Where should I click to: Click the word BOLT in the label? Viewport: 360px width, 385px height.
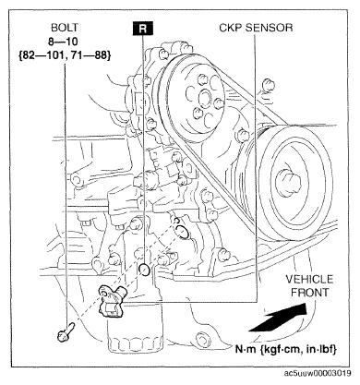[x=65, y=28]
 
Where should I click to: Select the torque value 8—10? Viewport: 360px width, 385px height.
[x=63, y=42]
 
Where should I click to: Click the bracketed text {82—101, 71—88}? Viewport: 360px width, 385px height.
[x=65, y=55]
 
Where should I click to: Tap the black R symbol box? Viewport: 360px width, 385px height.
[x=143, y=29]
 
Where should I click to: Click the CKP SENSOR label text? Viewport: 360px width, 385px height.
[x=256, y=28]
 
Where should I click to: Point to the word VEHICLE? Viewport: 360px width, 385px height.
[x=309, y=279]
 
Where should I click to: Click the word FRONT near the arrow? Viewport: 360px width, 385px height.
[x=310, y=293]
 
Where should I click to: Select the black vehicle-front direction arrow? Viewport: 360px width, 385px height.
[x=278, y=317]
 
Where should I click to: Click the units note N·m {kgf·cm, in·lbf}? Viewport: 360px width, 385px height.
[x=286, y=349]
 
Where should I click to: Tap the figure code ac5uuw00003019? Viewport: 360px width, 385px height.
[x=318, y=373]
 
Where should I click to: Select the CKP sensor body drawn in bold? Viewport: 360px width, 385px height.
[x=112, y=300]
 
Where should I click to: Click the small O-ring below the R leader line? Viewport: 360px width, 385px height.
[x=144, y=269]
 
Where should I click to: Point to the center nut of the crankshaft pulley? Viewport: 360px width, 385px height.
[x=288, y=184]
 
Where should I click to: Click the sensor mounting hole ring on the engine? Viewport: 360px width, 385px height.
[x=182, y=232]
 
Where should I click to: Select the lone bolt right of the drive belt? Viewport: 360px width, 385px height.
[x=267, y=85]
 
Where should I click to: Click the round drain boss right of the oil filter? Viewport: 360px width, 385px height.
[x=202, y=339]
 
